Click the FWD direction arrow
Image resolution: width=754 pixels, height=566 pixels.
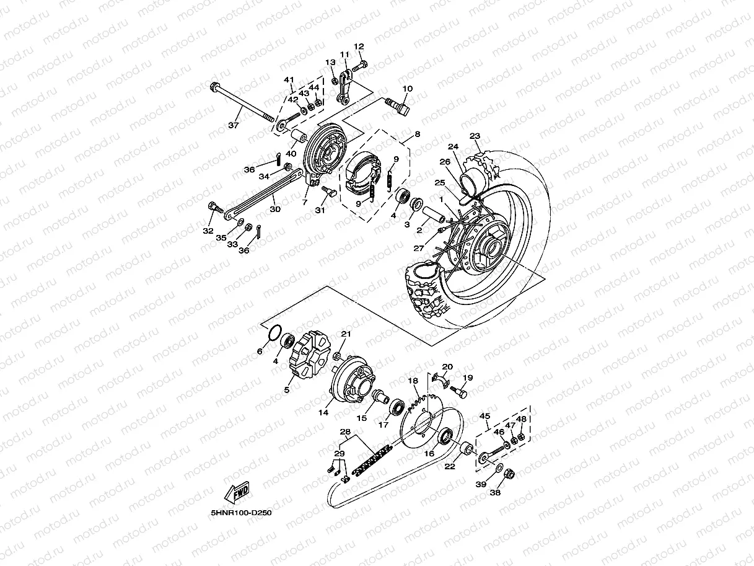click(x=238, y=493)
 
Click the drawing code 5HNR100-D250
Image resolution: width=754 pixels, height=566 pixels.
click(x=241, y=513)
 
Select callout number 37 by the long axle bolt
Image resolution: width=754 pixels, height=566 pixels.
click(x=233, y=125)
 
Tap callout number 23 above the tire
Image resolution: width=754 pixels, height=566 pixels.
click(x=475, y=136)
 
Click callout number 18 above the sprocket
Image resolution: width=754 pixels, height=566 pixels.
click(x=413, y=381)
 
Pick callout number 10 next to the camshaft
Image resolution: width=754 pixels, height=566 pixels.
click(x=407, y=89)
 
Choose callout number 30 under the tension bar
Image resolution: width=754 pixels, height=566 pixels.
click(x=274, y=209)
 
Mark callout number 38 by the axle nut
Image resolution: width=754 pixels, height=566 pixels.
click(x=496, y=493)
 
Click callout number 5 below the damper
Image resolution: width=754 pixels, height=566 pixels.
click(x=287, y=390)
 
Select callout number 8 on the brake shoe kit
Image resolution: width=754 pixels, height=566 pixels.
click(x=417, y=134)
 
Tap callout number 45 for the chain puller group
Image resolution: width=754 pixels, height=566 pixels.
click(x=485, y=416)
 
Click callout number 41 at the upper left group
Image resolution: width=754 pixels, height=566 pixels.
click(x=289, y=80)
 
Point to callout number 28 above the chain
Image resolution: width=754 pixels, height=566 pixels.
click(x=345, y=431)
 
